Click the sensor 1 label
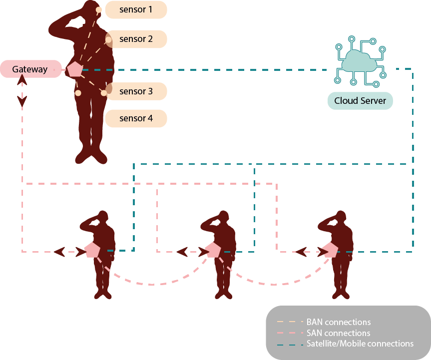[136, 9]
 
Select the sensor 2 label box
[136, 39]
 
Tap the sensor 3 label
[136, 91]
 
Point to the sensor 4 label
[136, 118]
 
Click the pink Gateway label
[30, 69]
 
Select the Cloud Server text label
[360, 101]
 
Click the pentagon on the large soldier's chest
[74, 69]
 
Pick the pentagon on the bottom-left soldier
[92, 250]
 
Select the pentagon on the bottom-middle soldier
[213, 250]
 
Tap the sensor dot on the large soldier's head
[99, 10]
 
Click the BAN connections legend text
[338, 322]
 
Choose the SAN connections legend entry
[338, 333]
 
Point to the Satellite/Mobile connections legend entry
[360, 344]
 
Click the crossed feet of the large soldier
[91, 156]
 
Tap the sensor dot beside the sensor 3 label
[104, 92]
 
